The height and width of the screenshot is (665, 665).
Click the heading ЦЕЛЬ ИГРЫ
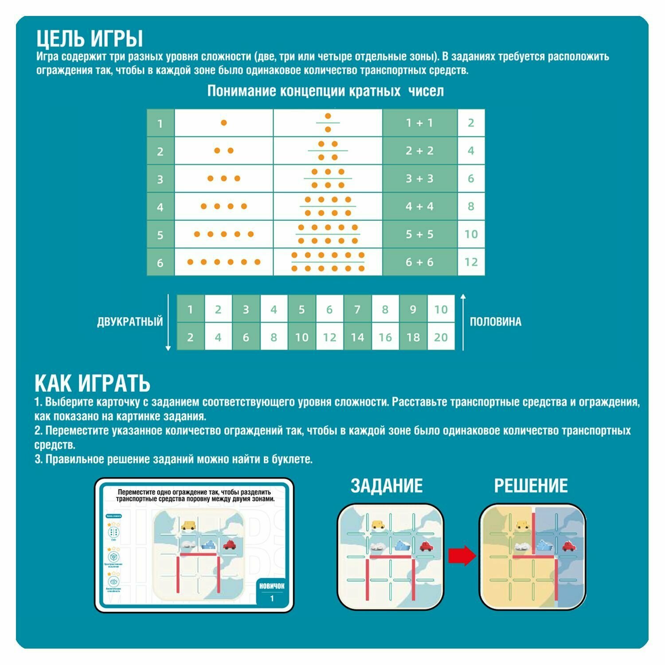[90, 39]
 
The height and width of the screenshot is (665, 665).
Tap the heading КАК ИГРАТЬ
[93, 383]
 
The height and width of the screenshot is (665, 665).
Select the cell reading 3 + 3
[419, 179]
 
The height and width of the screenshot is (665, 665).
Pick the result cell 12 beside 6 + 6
[471, 262]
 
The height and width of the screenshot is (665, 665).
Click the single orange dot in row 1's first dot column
[224, 123]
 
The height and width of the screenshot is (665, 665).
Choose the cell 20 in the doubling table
[441, 337]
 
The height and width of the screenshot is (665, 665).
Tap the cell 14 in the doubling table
[357, 337]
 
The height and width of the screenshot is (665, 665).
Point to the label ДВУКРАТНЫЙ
[130, 322]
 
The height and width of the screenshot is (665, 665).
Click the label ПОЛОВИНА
[495, 322]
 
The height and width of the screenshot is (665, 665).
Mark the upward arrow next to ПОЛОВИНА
[463, 321]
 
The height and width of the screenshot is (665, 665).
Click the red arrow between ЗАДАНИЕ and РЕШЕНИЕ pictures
[462, 556]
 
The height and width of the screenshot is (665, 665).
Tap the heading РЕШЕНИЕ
[531, 486]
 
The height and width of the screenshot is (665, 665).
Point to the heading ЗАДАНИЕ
[387, 486]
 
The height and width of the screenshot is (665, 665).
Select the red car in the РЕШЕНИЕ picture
[569, 546]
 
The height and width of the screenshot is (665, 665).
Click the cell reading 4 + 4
[419, 207]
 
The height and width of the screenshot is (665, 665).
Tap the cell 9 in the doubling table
[413, 309]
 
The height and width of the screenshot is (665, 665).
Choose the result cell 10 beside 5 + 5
[471, 234]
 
